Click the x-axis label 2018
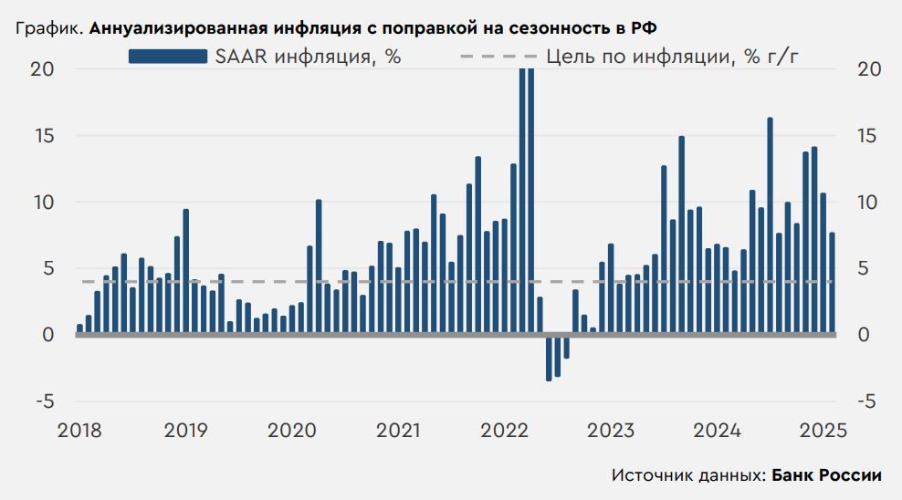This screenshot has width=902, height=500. click(79, 430)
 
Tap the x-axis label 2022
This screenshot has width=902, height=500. click(507, 430)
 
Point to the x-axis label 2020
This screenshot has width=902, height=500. click(292, 430)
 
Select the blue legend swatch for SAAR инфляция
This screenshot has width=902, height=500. click(167, 57)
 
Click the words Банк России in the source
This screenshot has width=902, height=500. click(826, 475)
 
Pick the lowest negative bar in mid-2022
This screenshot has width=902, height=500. click(549, 358)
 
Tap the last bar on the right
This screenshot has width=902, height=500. click(832, 283)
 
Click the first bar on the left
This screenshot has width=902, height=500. click(79, 329)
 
